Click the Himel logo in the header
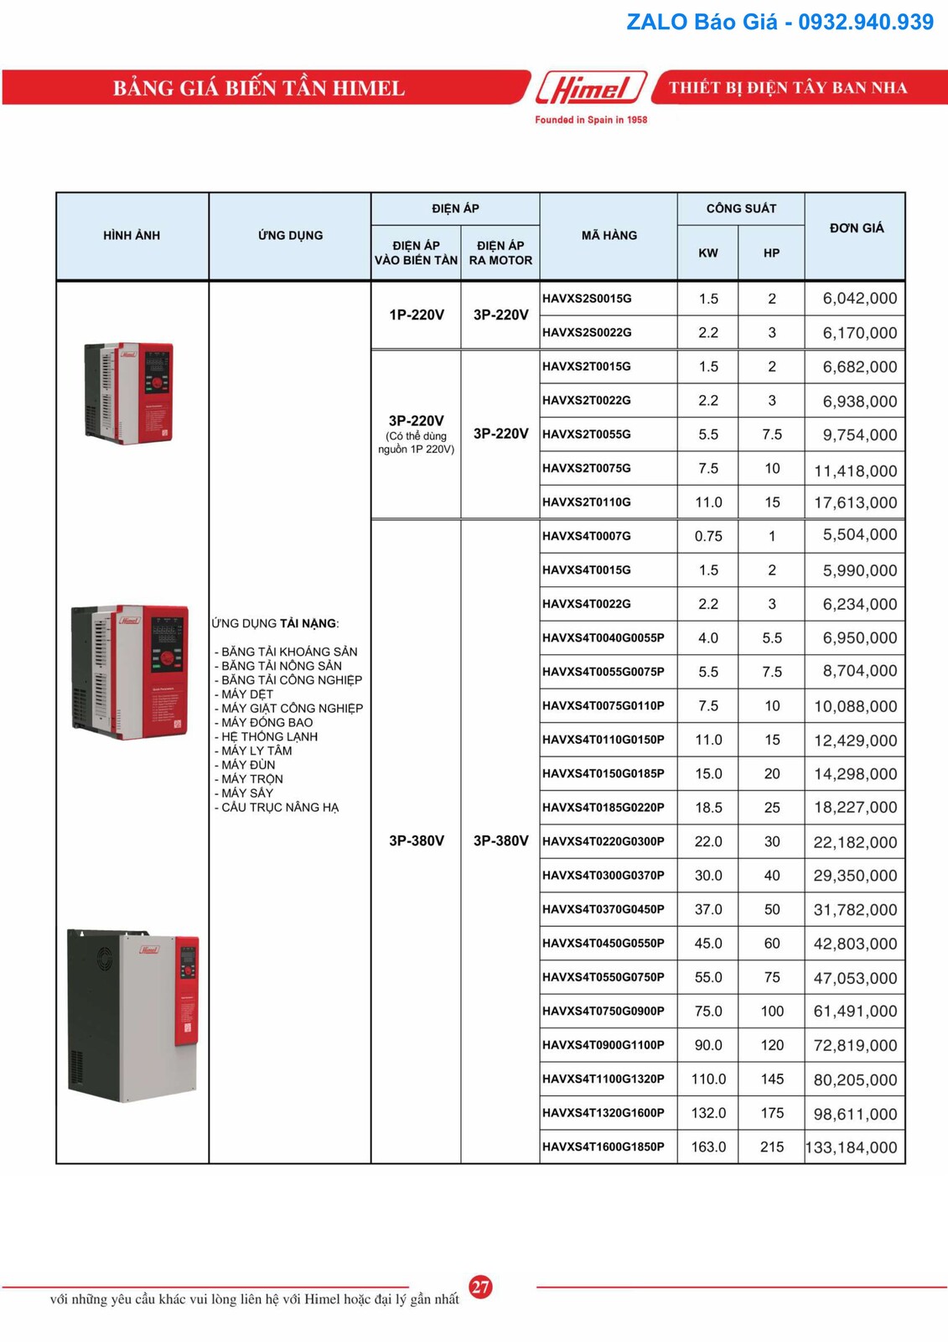pyautogui.click(x=592, y=87)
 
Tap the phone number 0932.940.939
pyautogui.click(x=865, y=23)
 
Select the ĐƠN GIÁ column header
pyautogui.click(x=856, y=228)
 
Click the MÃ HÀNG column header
pyautogui.click(x=609, y=236)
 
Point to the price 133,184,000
pyautogui.click(x=852, y=1147)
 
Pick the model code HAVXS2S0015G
pyautogui.click(x=587, y=299)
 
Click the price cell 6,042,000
pyautogui.click(x=859, y=299)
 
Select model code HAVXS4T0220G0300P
pyautogui.click(x=603, y=841)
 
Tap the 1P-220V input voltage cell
pyautogui.click(x=417, y=315)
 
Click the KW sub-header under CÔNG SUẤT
pyautogui.click(x=708, y=252)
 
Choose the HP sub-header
pyautogui.click(x=771, y=252)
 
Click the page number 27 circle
pyautogui.click(x=480, y=1287)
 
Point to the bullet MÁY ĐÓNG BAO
pyautogui.click(x=267, y=722)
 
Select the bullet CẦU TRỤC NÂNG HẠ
pyautogui.click(x=279, y=807)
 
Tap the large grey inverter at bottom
pyautogui.click(x=133, y=1015)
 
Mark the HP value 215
pyautogui.click(x=771, y=1147)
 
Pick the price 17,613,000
pyautogui.click(x=855, y=502)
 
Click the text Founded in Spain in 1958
pyautogui.click(x=591, y=120)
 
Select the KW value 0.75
pyautogui.click(x=708, y=536)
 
